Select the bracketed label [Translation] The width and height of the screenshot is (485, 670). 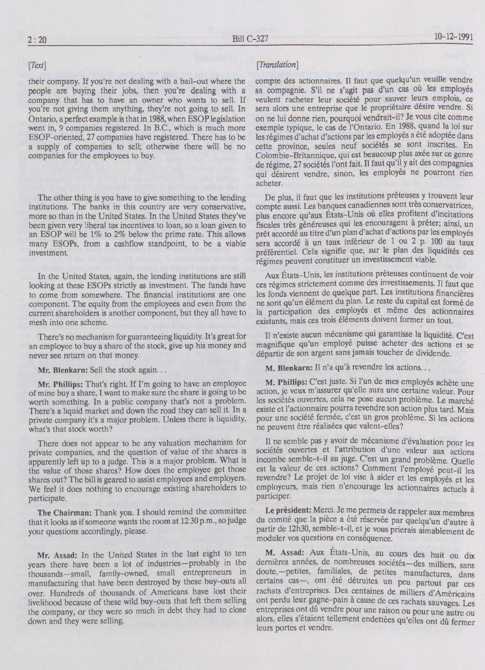[277, 65]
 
